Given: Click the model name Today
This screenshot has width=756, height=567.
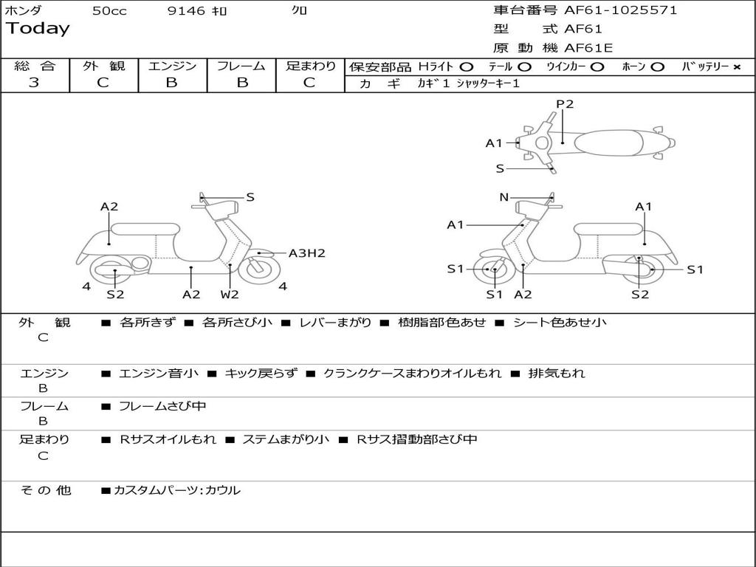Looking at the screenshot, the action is (38, 29).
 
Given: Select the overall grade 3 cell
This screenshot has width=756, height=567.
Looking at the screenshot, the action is (34, 83).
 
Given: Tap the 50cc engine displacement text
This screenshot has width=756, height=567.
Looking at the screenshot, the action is (109, 11).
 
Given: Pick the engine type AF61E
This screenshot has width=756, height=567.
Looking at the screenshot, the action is (588, 49).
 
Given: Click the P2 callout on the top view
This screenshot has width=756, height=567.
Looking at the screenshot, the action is (565, 104).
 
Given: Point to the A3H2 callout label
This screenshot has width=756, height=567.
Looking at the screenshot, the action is (306, 253).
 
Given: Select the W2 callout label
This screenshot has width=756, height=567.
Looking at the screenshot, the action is (230, 295).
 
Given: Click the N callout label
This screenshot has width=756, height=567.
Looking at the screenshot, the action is (504, 197).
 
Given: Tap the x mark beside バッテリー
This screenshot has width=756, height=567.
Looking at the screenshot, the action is (737, 66).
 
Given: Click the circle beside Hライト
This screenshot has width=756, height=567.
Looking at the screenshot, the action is (466, 66).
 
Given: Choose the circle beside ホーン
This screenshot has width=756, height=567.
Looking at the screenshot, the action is (657, 66).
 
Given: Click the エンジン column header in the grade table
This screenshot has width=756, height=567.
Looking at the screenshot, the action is (172, 66).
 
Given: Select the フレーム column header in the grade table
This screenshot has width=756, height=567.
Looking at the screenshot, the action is (241, 66).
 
